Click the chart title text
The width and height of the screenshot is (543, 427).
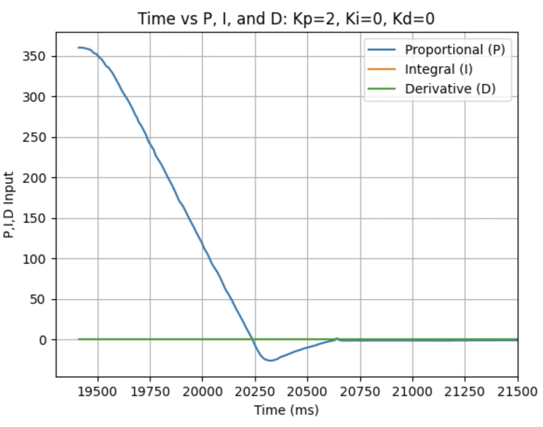coord(286,18)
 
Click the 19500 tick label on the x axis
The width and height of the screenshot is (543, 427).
coord(98,392)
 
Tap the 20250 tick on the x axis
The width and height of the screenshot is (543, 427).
coord(255,392)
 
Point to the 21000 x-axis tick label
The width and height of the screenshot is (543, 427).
coord(412,392)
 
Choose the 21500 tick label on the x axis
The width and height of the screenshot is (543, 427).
coord(517,392)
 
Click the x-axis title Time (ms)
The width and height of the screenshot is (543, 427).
coord(286,410)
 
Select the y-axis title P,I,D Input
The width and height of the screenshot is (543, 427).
coord(9,205)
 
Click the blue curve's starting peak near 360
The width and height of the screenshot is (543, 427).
coord(79,47)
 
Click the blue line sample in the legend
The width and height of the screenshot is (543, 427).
coord(381,50)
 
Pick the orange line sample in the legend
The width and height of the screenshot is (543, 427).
coord(381,69)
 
